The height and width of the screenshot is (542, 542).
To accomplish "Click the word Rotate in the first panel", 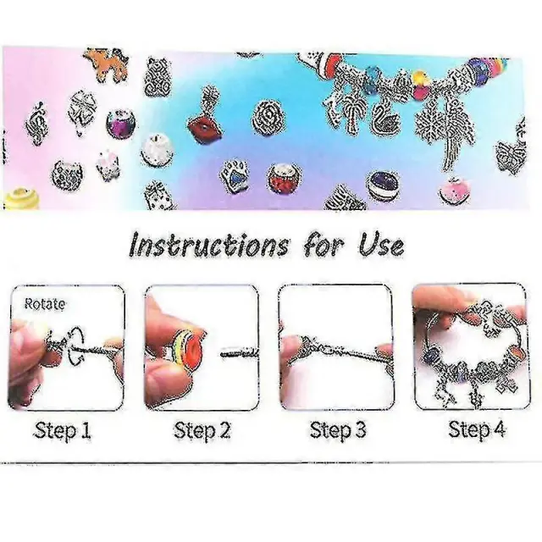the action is point(45,304).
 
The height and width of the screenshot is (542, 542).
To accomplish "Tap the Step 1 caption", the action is point(63,431).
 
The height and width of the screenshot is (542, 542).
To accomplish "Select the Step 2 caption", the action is point(202,431).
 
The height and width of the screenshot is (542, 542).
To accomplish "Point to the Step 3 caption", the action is point(338,430).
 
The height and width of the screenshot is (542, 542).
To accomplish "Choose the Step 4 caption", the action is point(477,430).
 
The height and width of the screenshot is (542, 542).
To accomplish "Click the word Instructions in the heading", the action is point(209,245).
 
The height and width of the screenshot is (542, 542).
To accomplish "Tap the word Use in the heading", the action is point(382,245).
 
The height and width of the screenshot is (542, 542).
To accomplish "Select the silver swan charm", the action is point(386,117).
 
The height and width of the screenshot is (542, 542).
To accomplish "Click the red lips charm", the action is point(205,127).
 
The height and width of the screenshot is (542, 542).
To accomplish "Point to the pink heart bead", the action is point(455,191).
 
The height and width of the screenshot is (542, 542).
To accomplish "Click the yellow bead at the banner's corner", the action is point(21,199).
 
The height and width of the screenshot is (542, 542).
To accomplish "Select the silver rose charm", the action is point(267,118).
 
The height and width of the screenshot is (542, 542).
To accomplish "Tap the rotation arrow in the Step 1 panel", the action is point(75,346).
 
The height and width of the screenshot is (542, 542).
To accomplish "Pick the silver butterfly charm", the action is point(510,155).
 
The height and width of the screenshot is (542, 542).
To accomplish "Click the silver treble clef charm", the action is point(37,124).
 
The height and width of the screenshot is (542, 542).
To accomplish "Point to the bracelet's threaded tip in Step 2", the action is point(240,353).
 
